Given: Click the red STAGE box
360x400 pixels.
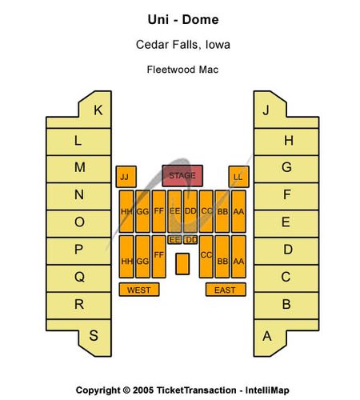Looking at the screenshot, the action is point(182,176).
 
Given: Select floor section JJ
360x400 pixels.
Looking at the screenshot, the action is point(126,177).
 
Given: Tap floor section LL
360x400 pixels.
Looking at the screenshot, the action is point(239,177).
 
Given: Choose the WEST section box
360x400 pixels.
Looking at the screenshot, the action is point(139,290).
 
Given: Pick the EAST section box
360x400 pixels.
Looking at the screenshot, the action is point(226,290).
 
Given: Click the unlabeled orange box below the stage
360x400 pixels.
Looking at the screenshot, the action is point(182,264).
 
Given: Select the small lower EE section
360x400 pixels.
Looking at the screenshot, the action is point(175,240).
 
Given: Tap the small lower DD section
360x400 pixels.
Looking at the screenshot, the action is point(190,240).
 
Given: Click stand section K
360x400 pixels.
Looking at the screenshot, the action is point(94,110).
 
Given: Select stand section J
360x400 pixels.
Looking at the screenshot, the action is point(270,110).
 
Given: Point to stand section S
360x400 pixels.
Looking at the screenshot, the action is point(94,337).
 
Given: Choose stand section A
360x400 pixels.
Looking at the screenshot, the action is point(270,337).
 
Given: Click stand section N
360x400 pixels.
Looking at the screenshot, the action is point(78,196).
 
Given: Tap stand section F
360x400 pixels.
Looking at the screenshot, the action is point(286,196).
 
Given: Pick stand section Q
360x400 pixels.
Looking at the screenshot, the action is point(78,278).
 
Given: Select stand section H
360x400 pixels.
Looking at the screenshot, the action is point(286,142).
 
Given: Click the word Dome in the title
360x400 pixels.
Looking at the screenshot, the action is point(201,20).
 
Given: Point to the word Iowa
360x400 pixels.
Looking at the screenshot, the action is point(218,45).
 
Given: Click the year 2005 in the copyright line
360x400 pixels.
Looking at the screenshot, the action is point(143,390).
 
